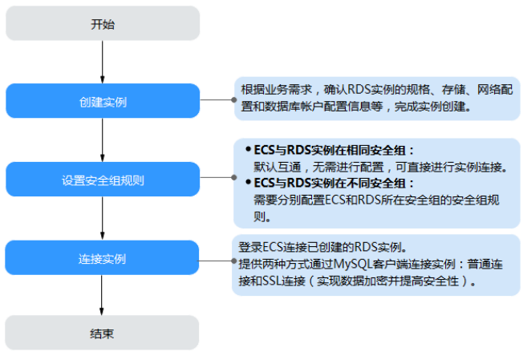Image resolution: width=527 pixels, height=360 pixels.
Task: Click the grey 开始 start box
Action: (103, 24)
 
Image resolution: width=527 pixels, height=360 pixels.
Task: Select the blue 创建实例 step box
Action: (103, 102)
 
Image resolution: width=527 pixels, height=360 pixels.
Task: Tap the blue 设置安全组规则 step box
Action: (103, 180)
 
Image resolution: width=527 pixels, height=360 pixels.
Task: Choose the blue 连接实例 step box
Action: (103, 258)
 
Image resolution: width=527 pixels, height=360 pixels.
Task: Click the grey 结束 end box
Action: (103, 332)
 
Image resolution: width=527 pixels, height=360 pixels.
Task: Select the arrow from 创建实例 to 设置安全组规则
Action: (103, 141)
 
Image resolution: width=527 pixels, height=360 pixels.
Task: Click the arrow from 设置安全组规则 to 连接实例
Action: (103, 219)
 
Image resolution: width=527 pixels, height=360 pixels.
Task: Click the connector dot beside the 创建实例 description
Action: (233, 101)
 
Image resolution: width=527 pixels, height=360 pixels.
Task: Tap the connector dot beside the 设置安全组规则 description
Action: (233, 180)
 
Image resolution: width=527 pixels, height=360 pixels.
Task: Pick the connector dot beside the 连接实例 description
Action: (233, 258)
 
